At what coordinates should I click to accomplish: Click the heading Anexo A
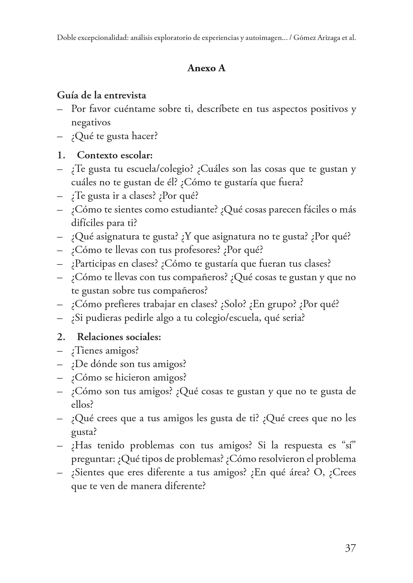point(206,68)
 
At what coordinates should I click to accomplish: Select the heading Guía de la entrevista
point(102,96)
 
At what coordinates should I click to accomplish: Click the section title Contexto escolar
point(115,155)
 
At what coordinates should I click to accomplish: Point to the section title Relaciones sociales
point(119,337)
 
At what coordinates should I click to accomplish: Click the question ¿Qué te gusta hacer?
point(115,136)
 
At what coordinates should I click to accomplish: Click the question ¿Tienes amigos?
point(105,351)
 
